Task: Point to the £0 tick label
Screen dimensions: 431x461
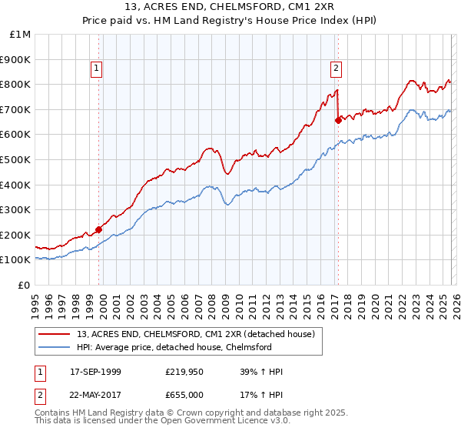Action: point(24,285)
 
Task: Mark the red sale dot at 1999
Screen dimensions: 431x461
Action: point(99,229)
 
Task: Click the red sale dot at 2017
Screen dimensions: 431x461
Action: point(338,120)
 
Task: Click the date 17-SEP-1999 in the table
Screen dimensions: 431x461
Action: point(95,372)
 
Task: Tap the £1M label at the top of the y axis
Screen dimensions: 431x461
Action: point(21,35)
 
